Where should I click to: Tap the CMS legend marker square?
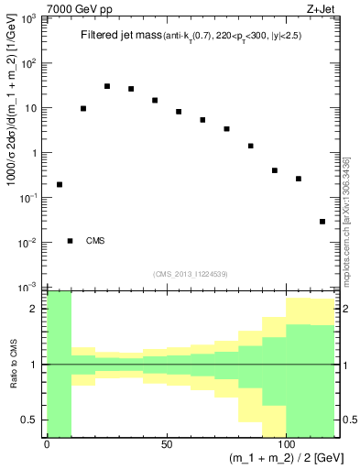[x=71, y=241]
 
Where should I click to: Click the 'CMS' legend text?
[x=95, y=241]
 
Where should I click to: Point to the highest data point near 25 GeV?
[x=107, y=86]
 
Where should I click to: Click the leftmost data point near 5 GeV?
[x=60, y=184]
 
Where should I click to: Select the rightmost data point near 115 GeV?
[x=322, y=221]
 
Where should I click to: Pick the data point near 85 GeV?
[x=250, y=146]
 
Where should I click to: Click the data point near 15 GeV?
[x=83, y=108]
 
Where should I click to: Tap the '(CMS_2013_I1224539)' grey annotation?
[x=191, y=273]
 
